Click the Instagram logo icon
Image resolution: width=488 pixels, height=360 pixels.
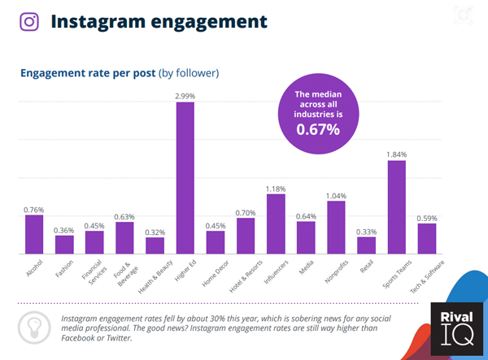(29, 20)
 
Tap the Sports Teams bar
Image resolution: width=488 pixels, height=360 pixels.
(396, 207)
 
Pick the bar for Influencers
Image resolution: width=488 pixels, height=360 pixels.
(276, 223)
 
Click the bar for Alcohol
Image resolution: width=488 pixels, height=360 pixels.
(34, 234)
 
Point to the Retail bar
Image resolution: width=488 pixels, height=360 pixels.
(366, 245)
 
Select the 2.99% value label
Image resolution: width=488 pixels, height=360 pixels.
(185, 96)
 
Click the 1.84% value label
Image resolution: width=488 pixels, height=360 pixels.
(396, 154)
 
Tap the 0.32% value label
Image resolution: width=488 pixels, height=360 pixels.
(155, 232)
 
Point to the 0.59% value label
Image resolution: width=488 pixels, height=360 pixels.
(426, 218)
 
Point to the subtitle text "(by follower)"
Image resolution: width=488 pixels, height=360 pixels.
(189, 73)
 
